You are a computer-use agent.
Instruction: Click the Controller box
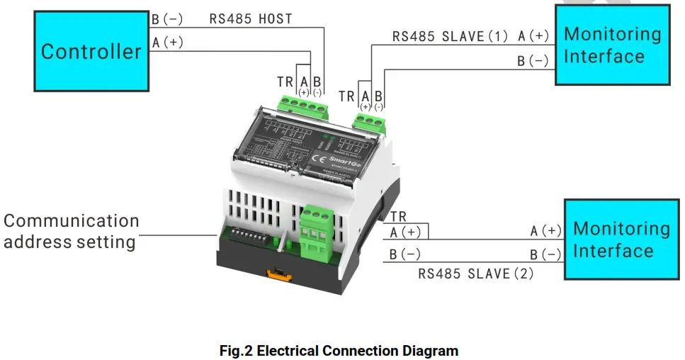coord(91,51)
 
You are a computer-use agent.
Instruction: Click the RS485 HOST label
coord(250,19)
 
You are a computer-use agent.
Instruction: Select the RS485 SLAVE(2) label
coord(475,273)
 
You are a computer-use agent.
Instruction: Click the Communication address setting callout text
coord(70,231)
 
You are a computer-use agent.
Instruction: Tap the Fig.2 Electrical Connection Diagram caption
coord(339,351)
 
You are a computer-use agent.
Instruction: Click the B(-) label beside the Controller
coord(166,19)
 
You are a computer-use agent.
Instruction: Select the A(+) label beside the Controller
coord(168,43)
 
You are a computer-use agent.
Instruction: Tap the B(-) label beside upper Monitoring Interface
coord(533,61)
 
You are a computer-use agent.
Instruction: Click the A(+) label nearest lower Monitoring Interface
coord(545,231)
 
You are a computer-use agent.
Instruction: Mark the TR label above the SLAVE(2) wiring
coord(398,217)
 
